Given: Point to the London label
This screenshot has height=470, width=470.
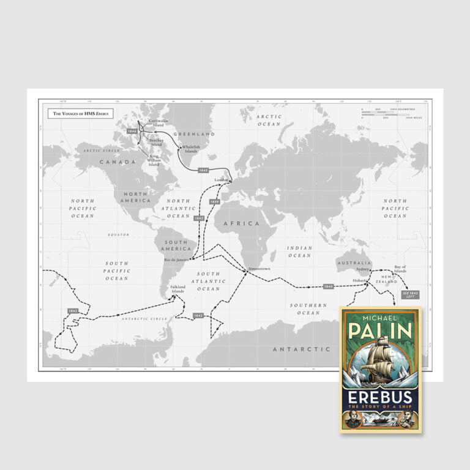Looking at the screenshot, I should click(221, 179).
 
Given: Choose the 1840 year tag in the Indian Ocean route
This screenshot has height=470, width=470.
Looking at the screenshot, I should click(328, 286).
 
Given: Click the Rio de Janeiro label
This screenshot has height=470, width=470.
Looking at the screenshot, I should click(177, 259).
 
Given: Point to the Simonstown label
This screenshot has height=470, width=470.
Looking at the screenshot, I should click(259, 268).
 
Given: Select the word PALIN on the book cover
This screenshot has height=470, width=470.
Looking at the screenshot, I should click(381, 331).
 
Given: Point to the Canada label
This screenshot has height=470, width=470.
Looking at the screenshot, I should click(117, 162).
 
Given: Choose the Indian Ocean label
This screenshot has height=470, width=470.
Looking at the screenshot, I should click(299, 252).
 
